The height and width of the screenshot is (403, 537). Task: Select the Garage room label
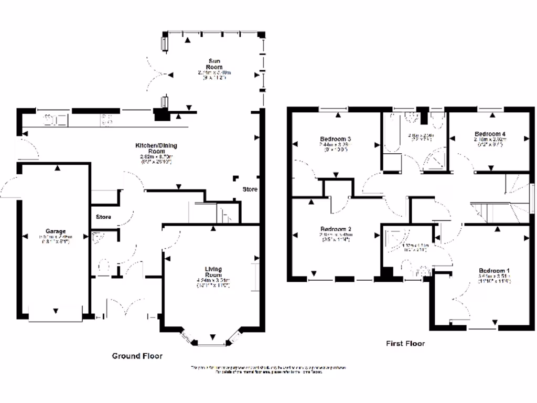(55, 231)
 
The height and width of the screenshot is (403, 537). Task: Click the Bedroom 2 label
(336, 229)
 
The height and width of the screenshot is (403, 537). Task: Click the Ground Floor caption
(137, 356)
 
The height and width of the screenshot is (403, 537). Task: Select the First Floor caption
(405, 344)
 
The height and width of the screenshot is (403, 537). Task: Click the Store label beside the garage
(103, 216)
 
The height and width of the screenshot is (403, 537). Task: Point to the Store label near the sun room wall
(250, 189)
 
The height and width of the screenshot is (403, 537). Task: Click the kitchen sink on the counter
(54, 120)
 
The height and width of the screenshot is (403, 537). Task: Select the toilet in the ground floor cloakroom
(103, 266)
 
